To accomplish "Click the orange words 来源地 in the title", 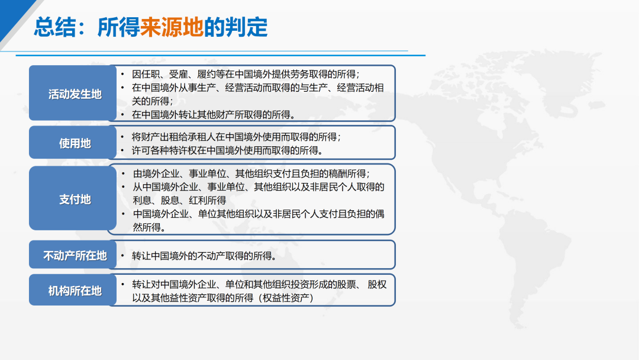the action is (172, 27).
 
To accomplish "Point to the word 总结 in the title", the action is (55, 27).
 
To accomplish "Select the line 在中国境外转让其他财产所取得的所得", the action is (213, 115).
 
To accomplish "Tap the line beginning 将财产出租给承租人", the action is (236, 137).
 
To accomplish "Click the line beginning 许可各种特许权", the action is (227, 151).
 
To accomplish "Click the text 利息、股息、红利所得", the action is (179, 201).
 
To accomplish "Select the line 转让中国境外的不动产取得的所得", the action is (204, 256).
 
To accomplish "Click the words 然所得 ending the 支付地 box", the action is (149, 227).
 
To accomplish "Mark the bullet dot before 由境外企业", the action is (123, 173).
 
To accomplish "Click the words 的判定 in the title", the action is (235, 27).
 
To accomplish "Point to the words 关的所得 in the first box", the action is (152, 101).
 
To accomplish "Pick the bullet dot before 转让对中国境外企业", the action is (122, 284).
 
